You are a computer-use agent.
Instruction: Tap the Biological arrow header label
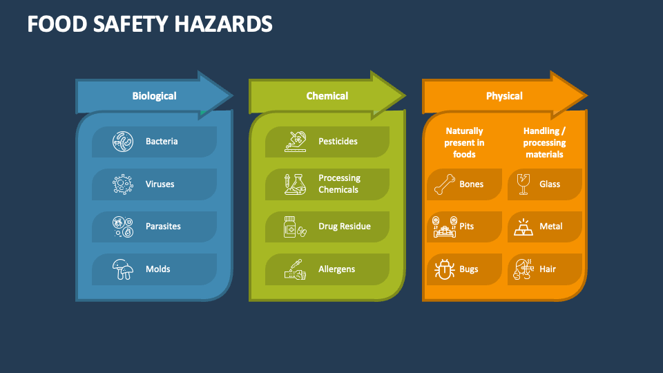click(154, 96)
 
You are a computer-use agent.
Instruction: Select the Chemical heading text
click(327, 96)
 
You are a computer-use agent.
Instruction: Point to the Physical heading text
click(504, 96)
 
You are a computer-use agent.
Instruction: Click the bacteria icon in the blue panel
click(123, 142)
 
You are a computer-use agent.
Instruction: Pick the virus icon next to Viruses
click(123, 184)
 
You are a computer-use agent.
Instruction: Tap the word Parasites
click(163, 227)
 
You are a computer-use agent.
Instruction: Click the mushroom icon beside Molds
click(123, 269)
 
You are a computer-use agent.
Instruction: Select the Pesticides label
click(338, 142)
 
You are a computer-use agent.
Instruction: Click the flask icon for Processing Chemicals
click(296, 184)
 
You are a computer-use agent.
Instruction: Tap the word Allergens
click(336, 269)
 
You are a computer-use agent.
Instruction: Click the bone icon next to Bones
click(444, 184)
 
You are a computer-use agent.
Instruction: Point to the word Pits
click(467, 227)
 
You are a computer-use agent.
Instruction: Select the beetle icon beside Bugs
click(444, 269)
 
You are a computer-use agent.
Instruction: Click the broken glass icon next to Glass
click(523, 184)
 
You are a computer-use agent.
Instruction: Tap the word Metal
click(551, 227)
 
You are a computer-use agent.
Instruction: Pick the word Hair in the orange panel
click(548, 269)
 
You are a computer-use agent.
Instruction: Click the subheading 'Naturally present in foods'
click(464, 142)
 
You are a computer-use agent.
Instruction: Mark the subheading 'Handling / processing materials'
click(544, 142)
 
